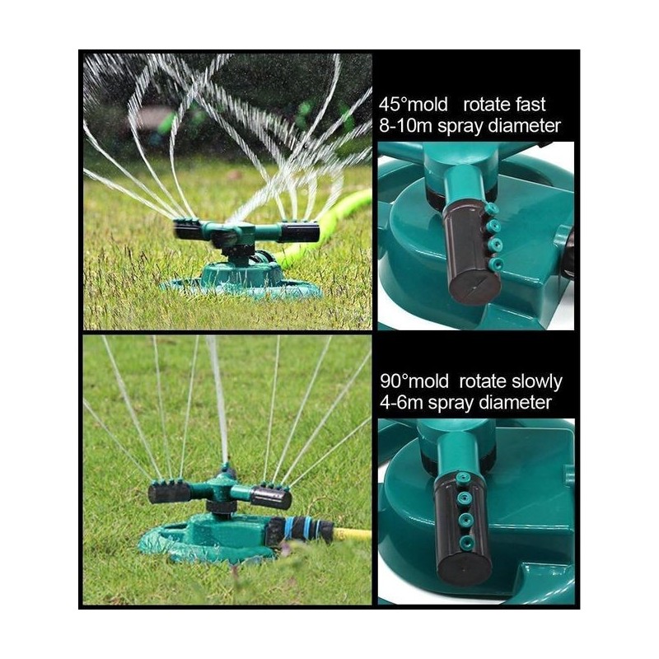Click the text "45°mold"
tap(414, 105)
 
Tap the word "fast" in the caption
tap(529, 105)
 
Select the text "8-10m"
tap(406, 126)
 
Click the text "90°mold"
tap(414, 381)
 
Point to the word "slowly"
tap(537, 382)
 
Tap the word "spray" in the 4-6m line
tap(449, 404)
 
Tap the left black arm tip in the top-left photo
tap(186, 230)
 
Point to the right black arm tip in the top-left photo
tap(300, 232)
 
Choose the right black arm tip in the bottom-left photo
tap(271, 498)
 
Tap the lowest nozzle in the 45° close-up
tap(497, 264)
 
